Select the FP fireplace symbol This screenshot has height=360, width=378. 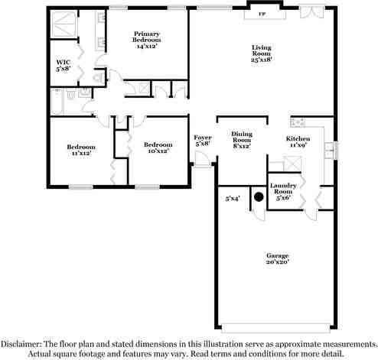262,14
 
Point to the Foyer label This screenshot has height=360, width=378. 203,140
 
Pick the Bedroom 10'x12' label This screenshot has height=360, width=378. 157,147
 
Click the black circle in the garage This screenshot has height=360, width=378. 259,196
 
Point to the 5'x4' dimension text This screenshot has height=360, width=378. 233,199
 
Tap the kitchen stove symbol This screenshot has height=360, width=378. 298,122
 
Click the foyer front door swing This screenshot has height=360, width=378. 200,159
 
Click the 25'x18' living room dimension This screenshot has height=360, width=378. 262,59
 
